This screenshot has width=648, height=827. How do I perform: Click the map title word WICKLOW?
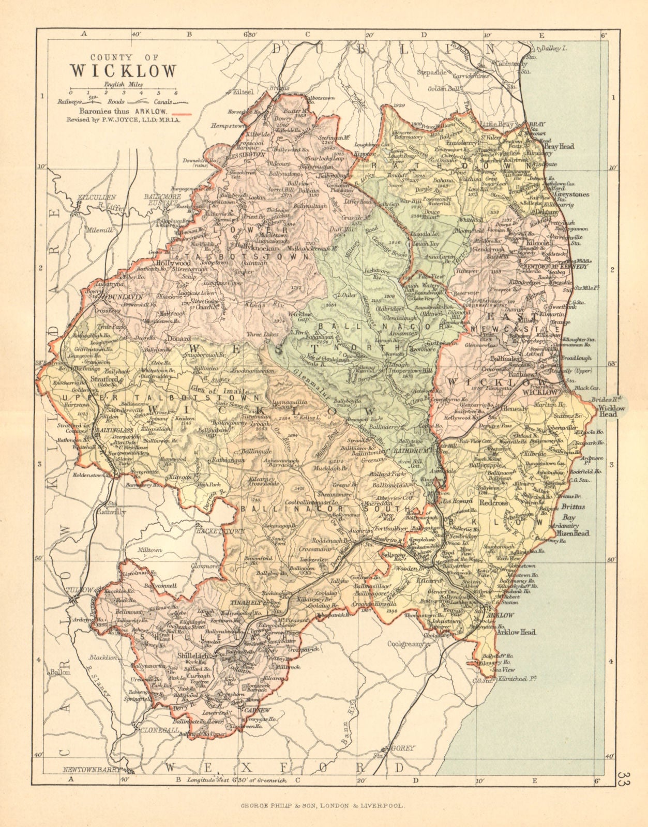(123, 71)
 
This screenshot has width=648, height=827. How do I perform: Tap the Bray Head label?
(559, 147)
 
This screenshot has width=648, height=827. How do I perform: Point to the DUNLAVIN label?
(125, 298)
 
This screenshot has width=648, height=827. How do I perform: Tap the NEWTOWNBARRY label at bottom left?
(91, 770)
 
